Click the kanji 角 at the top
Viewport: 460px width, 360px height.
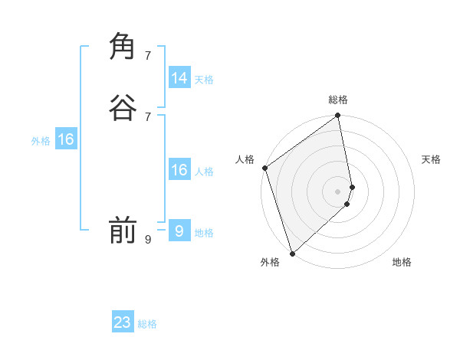123,45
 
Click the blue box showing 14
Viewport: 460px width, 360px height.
179,78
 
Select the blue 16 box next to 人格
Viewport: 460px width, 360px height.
179,170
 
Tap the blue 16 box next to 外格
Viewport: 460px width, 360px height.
65,139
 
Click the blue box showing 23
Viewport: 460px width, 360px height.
123,322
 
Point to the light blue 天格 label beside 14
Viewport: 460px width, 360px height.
203,80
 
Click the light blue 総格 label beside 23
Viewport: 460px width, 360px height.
147,324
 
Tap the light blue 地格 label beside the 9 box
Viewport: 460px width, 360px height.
204,233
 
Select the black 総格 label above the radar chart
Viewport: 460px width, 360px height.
338,100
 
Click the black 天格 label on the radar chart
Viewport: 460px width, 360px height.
431,159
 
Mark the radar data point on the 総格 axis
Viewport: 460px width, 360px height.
338,116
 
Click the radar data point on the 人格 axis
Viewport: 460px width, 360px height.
264,168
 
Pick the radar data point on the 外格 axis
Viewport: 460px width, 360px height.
292,254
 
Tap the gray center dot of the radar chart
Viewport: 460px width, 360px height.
338,191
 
